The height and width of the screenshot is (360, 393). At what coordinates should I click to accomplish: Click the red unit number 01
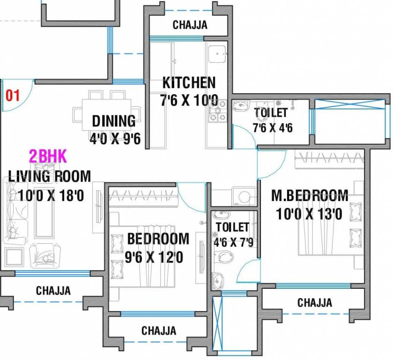tap(13, 96)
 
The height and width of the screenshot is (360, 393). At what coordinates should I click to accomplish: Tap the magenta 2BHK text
tap(48, 156)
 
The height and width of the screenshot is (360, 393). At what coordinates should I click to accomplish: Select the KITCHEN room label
tap(189, 82)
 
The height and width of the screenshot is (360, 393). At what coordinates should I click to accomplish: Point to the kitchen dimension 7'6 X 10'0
tap(189, 100)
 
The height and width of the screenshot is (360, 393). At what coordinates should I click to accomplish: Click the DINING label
tap(114, 121)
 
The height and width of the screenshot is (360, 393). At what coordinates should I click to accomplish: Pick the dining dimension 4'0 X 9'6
tap(115, 138)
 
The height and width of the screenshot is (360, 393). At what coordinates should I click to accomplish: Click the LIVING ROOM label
tap(49, 176)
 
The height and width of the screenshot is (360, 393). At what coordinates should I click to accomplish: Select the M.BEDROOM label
tap(310, 195)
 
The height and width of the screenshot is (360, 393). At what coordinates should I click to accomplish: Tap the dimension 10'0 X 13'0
tap(309, 214)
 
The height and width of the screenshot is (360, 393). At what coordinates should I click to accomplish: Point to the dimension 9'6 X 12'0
tap(154, 257)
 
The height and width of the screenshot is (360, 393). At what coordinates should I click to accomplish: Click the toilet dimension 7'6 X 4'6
tap(273, 127)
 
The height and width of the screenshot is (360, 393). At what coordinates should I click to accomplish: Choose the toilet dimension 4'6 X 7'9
tap(234, 242)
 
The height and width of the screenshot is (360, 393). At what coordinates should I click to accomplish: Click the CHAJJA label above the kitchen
tap(190, 25)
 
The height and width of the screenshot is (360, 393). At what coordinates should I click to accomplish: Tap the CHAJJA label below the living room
tap(53, 291)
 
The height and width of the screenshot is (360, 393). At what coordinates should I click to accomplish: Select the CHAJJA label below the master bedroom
tap(315, 303)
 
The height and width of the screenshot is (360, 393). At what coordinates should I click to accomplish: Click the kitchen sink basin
tap(216, 53)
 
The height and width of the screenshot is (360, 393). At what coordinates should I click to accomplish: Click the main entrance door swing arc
tap(25, 102)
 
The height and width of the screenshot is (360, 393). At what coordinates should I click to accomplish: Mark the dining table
tap(107, 114)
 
